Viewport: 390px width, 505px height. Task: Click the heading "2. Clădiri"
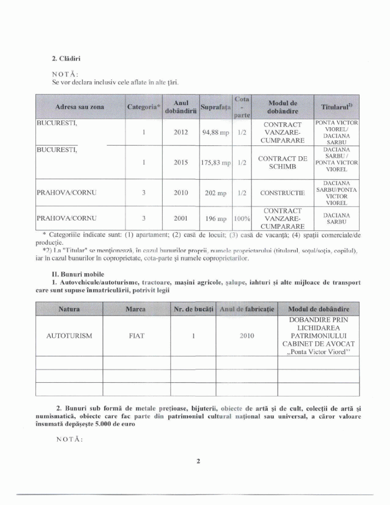tap(67, 59)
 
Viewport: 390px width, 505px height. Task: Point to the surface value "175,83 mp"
tap(216, 162)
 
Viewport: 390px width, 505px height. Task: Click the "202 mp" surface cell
tap(216, 193)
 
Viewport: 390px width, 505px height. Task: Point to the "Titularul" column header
tap(337, 107)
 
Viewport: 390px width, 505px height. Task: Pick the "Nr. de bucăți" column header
tap(193, 309)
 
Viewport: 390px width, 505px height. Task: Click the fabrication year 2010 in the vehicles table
tap(247, 336)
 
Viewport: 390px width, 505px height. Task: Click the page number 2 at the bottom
tap(198, 462)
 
